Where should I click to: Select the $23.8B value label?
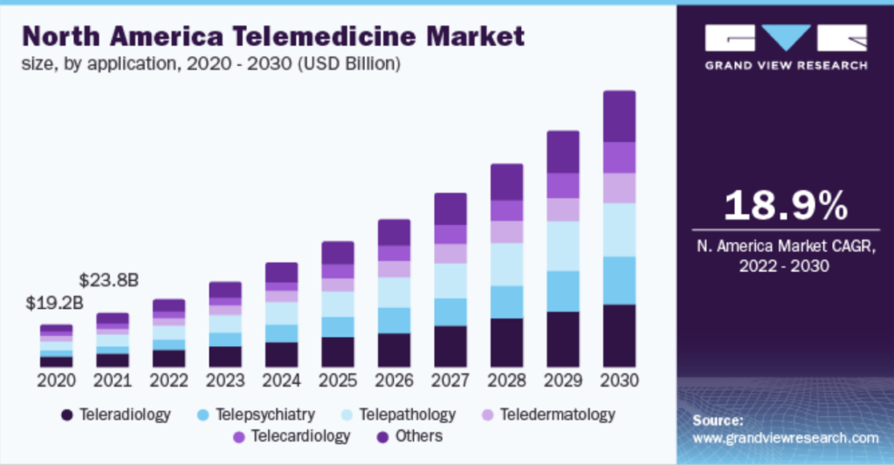click(108, 281)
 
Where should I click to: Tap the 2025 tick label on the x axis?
click(338, 381)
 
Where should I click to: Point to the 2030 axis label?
click(620, 381)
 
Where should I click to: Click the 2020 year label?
click(56, 381)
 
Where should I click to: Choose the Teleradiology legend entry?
click(116, 414)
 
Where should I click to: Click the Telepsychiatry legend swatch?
click(203, 415)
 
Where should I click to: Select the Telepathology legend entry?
click(405, 414)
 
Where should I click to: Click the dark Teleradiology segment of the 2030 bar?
click(620, 336)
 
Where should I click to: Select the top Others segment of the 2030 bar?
click(620, 116)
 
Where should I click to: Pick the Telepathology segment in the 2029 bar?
click(563, 246)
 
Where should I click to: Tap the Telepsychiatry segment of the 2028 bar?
click(507, 302)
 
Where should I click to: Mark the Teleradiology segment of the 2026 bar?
click(395, 350)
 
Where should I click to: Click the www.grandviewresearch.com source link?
click(785, 437)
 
